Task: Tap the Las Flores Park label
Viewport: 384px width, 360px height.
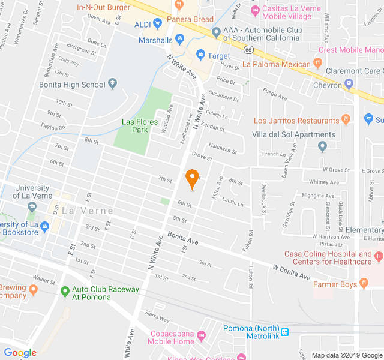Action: tap(140, 125)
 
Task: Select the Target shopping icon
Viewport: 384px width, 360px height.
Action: tap(200, 55)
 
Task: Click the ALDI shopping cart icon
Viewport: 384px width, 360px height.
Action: tap(158, 24)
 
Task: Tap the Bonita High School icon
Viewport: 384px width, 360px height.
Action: tap(112, 85)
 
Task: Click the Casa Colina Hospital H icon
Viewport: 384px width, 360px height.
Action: tap(378, 257)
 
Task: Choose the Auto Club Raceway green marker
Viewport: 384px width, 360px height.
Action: tap(65, 292)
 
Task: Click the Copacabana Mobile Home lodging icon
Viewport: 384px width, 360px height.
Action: tap(201, 333)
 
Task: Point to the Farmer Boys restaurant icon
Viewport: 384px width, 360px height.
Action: tap(364, 284)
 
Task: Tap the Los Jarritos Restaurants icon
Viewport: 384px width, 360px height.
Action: tap(345, 121)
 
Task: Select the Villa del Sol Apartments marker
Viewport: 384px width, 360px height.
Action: tap(323, 146)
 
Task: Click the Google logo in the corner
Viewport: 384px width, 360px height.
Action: tap(20, 352)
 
